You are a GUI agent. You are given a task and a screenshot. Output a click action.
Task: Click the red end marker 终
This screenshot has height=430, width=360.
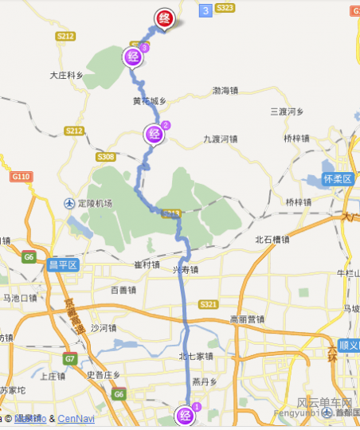pos(165,18)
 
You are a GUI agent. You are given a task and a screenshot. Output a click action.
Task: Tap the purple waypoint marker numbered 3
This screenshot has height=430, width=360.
pos(134,56)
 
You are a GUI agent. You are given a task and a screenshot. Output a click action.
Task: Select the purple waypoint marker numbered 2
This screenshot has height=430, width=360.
pos(155,132)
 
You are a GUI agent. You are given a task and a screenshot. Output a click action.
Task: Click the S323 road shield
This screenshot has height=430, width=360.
pos(225,8)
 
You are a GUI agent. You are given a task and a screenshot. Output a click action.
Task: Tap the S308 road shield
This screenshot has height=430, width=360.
pos(105,158)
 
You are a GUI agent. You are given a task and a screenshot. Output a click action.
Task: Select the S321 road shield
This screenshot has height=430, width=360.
pos(209,305)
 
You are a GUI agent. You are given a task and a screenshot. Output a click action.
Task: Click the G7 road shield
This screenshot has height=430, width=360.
pos(70,359)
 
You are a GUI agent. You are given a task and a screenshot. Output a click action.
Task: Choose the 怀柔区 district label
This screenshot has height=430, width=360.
pos(338,178)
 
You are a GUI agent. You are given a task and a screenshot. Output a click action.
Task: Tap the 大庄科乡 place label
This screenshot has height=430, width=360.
pos(67,76)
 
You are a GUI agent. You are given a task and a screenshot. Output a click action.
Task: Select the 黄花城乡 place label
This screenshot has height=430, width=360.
pos(150,101)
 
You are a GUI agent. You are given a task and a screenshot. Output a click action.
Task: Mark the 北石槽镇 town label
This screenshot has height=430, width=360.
pos(272,239)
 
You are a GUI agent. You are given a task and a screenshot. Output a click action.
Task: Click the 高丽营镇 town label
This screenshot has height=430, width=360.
pos(246,319)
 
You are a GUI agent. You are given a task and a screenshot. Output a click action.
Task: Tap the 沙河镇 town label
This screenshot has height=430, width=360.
pos(104,328)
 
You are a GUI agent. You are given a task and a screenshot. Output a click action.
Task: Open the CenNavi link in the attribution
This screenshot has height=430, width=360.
pos(76,419)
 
